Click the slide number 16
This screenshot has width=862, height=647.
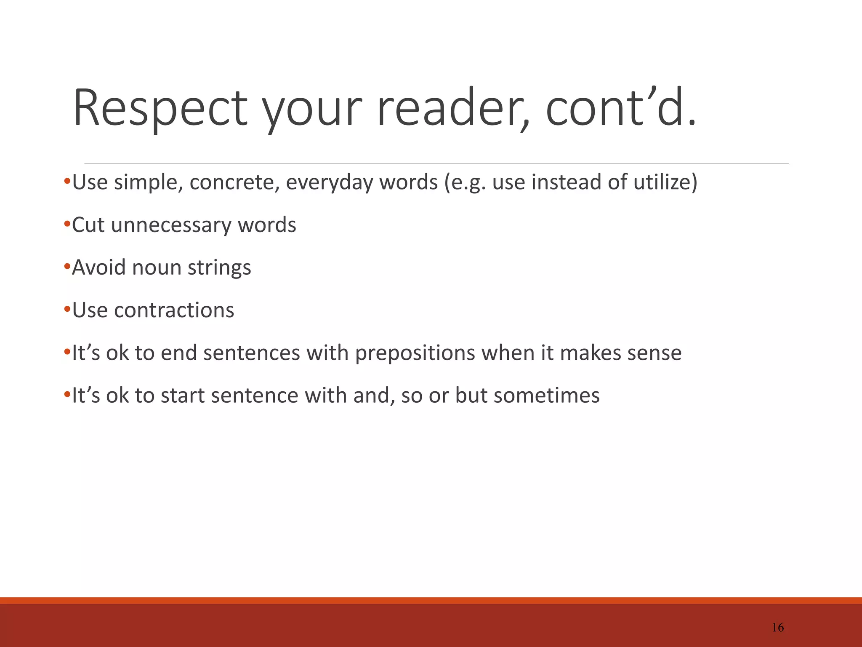coord(778,628)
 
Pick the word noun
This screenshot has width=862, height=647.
coord(157,268)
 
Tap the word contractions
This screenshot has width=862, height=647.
coord(174,310)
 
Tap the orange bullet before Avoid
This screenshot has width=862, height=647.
coord(67,267)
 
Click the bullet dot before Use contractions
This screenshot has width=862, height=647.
coord(67,309)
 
